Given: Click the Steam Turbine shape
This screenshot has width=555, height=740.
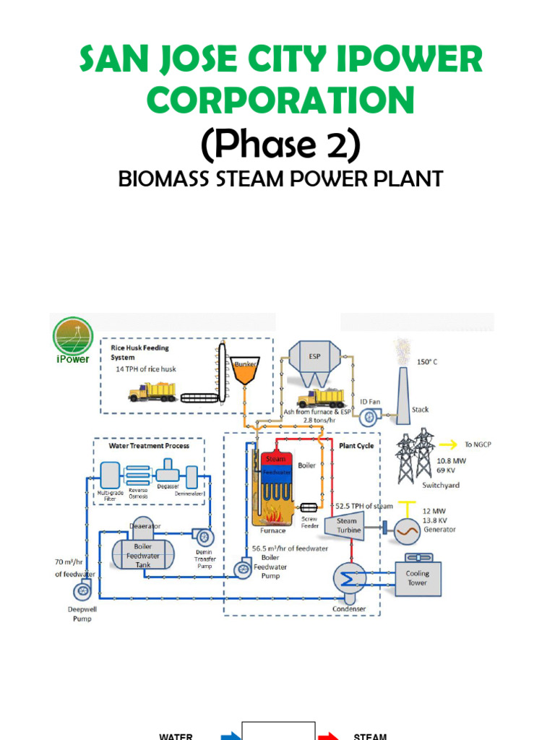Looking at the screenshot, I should [345, 525].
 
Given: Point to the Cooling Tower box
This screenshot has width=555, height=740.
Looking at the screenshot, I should [417, 578].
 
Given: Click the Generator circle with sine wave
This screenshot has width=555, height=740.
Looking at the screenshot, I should [405, 531].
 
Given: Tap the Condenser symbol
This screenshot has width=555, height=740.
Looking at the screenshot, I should [348, 579].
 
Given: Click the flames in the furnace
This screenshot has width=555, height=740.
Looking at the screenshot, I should [275, 516].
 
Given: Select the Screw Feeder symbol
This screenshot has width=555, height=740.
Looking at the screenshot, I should [309, 508].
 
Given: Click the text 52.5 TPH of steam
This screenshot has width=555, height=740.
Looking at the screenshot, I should [363, 506].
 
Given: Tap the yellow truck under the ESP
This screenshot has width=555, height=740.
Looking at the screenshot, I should [320, 398].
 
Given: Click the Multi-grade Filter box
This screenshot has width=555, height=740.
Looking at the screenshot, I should [109, 476].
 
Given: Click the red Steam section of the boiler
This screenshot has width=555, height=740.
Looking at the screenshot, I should [275, 459].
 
